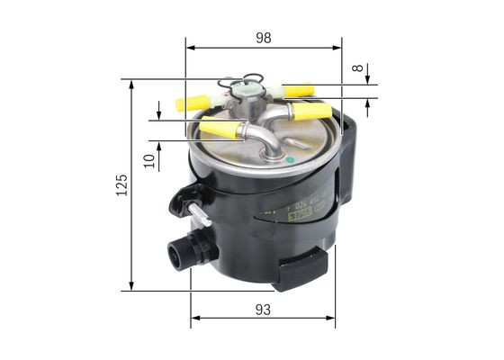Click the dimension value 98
263,38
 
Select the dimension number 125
121,184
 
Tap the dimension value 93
263,309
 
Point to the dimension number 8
358,67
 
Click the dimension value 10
149,159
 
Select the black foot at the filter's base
301,267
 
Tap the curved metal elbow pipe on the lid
262,139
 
